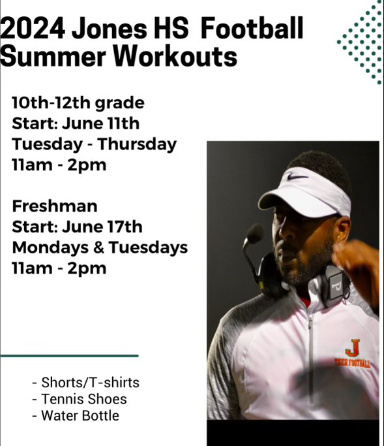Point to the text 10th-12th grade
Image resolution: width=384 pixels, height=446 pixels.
pyautogui.click(x=78, y=103)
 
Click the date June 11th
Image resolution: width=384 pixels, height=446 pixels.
pyautogui.click(x=100, y=123)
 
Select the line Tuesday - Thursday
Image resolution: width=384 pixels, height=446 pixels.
pyautogui.click(x=94, y=144)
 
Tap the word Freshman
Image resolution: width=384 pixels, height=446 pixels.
pyautogui.click(x=55, y=206)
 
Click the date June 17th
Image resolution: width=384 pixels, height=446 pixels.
pyautogui.click(x=103, y=227)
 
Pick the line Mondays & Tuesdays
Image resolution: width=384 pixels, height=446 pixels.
pyautogui.click(x=100, y=247)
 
